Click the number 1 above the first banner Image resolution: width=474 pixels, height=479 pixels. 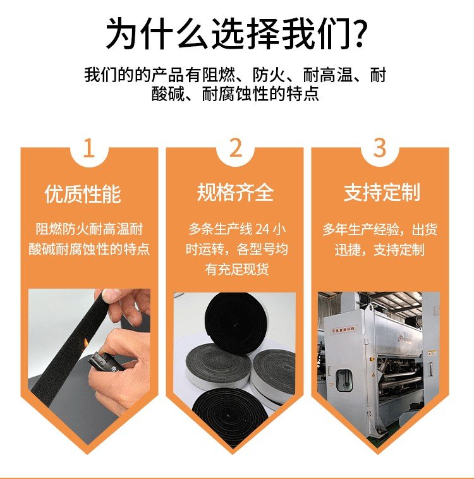point(88,149)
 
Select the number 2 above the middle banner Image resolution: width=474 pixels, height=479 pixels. point(236,148)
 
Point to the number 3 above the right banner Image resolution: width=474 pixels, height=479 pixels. point(380,148)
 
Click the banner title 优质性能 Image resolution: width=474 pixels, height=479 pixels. point(83,194)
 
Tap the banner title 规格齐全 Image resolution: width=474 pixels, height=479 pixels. point(235,193)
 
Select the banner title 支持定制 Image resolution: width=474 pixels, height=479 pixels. point(382,193)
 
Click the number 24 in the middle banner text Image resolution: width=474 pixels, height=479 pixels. point(262,229)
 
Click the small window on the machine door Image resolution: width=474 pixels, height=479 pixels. point(344,380)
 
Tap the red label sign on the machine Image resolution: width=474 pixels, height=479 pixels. point(344,330)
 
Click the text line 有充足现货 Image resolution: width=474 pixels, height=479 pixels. point(237,269)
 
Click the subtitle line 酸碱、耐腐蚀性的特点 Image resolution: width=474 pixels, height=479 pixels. point(235,94)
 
